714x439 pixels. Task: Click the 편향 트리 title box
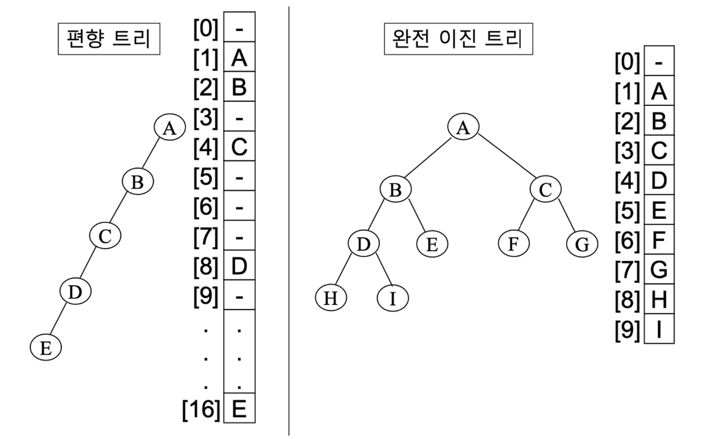tap(109, 39)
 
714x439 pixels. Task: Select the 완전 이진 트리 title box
tap(458, 39)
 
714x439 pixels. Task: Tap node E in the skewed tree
tap(46, 347)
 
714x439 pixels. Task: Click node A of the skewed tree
tap(170, 127)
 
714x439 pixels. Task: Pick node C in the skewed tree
tap(105, 236)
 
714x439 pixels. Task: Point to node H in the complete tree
tap(331, 298)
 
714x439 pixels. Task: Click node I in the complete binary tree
tap(392, 298)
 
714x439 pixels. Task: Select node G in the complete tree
tap(582, 244)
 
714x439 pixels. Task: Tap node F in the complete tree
tap(514, 243)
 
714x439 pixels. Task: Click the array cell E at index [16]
tap(239, 408)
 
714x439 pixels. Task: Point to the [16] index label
tap(201, 409)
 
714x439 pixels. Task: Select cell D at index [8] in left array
tap(239, 265)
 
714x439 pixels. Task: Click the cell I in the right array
tap(659, 329)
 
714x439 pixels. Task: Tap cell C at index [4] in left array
tap(239, 146)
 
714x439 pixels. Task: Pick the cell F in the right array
tap(659, 240)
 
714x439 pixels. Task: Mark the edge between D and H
tap(344, 269)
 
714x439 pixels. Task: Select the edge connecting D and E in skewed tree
tap(58, 319)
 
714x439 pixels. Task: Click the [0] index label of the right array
tap(627, 62)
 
